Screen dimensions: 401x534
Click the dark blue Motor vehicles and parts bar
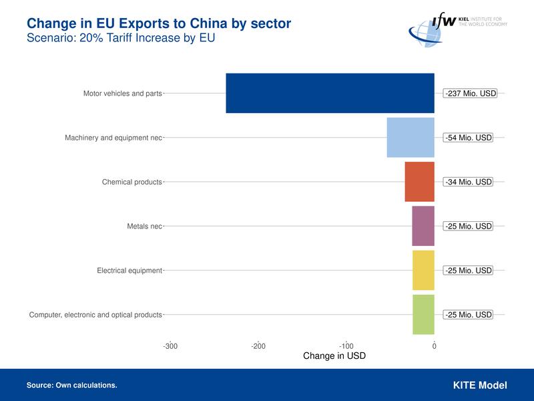[330, 93]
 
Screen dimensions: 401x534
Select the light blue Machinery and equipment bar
[411, 138]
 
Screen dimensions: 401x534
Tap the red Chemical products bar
[419, 182]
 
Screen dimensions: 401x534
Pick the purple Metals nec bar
[423, 226]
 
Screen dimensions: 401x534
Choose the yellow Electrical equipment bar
[423, 270]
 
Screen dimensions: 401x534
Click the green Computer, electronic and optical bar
[423, 314]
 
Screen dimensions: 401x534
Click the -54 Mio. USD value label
[468, 138]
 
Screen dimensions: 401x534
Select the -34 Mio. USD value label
[468, 182]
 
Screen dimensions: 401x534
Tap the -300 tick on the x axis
[170, 346]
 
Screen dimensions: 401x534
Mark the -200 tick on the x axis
[258, 346]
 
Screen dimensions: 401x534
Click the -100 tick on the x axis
[346, 346]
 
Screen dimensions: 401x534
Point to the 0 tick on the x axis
[434, 346]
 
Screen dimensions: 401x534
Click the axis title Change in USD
[334, 356]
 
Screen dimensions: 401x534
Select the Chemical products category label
[131, 182]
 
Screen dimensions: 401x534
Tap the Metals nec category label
[144, 226]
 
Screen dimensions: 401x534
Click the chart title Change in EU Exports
[159, 24]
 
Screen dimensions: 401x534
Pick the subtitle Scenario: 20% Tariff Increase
[121, 38]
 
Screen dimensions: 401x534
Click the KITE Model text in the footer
[479, 385]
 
